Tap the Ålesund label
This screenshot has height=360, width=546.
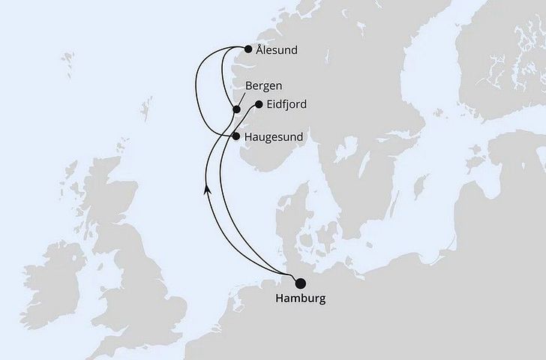point(277,50)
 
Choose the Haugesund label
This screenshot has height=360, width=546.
point(274,137)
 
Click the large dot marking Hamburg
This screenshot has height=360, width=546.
point(301,283)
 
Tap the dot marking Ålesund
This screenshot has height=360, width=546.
point(248,50)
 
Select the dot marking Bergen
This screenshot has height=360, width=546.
point(236,109)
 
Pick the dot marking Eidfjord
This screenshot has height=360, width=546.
point(259,105)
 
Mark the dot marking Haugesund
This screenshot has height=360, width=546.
point(236,137)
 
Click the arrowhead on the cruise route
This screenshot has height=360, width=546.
point(207,191)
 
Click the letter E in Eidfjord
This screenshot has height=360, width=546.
point(270,105)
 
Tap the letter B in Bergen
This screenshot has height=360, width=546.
point(248,87)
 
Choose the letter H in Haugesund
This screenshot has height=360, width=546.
point(249,137)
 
